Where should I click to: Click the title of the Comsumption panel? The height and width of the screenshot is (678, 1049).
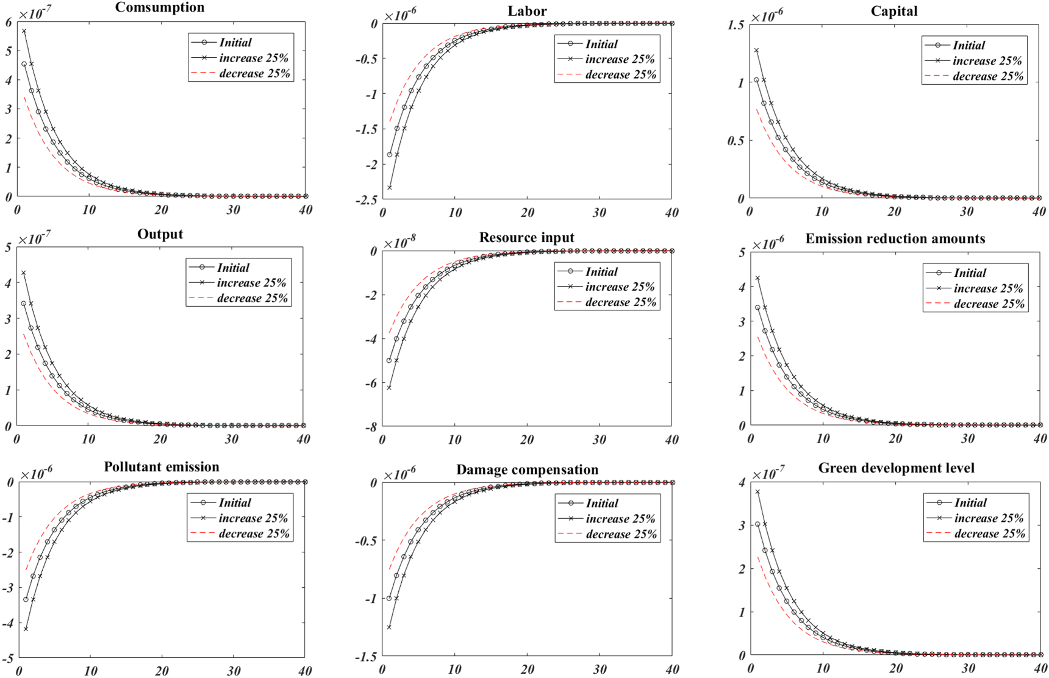(x=160, y=8)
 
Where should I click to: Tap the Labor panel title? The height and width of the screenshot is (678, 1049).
(x=527, y=12)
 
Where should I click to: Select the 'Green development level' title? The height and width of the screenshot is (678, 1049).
(x=896, y=468)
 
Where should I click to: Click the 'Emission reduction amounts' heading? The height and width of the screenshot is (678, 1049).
(x=895, y=239)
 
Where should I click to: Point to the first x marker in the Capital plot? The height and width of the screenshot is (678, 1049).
(x=756, y=51)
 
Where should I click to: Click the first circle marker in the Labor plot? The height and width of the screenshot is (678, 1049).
(x=390, y=155)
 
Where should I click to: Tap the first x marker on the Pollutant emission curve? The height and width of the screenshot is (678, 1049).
(x=26, y=629)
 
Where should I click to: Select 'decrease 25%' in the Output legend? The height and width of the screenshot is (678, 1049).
(x=252, y=299)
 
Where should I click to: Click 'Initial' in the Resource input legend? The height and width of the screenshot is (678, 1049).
(x=601, y=272)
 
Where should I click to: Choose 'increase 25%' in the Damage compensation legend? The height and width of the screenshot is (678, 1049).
(x=620, y=519)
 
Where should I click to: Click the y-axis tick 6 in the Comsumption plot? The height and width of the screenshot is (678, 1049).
(x=9, y=23)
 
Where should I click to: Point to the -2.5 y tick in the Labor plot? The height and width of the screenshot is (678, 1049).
(x=367, y=200)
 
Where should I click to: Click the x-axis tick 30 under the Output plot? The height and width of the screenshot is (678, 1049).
(x=231, y=440)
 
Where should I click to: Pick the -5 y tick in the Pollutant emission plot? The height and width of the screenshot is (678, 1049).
(x=7, y=659)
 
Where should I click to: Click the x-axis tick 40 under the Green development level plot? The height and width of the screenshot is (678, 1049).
(x=1039, y=669)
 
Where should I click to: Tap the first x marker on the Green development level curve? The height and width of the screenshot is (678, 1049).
(x=757, y=491)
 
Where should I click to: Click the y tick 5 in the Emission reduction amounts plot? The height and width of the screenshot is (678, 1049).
(x=742, y=252)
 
